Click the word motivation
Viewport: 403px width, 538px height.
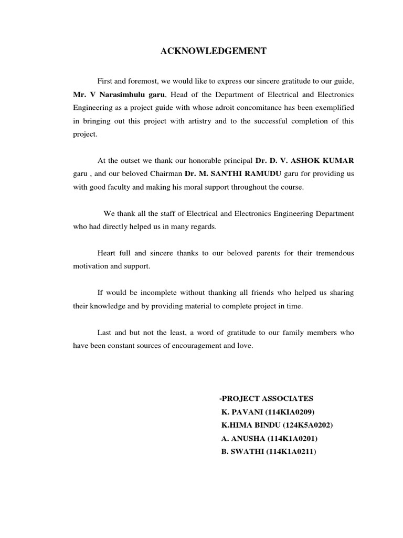pyautogui.click(x=91, y=266)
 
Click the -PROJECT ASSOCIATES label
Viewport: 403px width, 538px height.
pyautogui.click(x=266, y=398)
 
